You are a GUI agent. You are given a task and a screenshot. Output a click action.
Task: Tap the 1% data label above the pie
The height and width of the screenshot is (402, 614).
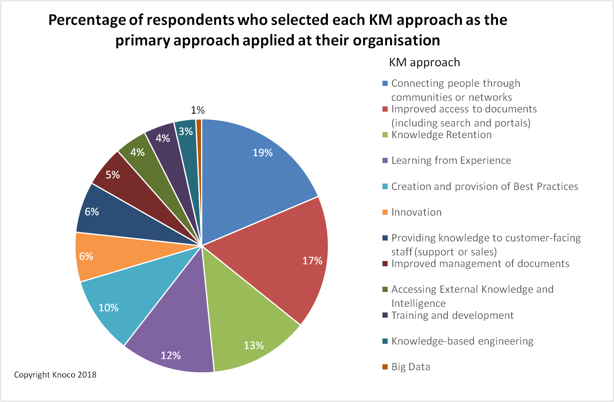(197, 110)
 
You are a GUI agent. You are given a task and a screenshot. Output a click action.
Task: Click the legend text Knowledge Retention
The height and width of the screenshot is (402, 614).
(441, 135)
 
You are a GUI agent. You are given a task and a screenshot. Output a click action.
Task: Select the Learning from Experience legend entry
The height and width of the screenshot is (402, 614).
(451, 161)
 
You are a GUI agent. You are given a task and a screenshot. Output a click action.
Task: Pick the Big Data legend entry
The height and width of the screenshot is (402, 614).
(411, 367)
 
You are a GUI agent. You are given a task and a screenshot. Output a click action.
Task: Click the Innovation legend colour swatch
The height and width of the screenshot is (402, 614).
(385, 212)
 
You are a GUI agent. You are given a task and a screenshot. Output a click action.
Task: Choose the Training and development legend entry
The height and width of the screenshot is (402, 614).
(452, 316)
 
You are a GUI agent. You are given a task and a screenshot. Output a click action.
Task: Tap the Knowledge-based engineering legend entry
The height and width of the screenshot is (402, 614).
(462, 341)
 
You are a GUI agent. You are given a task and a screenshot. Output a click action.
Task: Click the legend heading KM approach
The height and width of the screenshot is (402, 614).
(424, 63)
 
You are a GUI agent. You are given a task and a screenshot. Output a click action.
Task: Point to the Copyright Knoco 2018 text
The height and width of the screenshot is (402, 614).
(55, 375)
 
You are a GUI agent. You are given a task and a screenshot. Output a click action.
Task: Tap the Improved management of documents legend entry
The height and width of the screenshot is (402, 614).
(480, 264)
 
